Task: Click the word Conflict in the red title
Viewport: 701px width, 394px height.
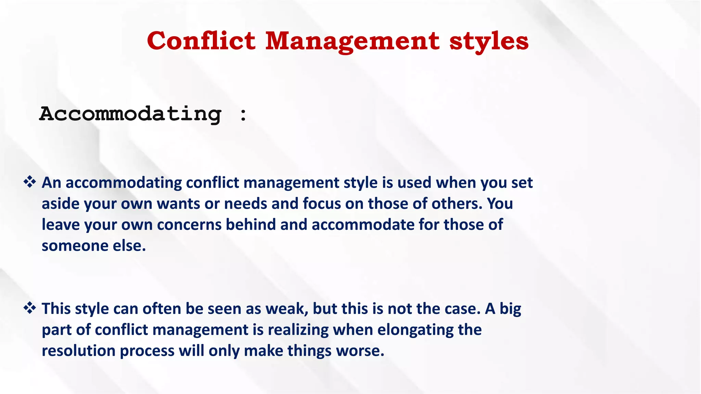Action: coord(201,41)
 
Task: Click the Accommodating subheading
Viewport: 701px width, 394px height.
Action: coord(130,114)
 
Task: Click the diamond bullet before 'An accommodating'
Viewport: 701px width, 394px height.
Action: coord(30,182)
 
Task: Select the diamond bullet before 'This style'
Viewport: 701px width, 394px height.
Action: coord(30,308)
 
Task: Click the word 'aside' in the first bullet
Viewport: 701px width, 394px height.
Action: coord(60,204)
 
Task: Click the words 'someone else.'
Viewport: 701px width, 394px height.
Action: coord(94,246)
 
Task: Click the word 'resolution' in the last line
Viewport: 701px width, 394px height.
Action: coord(78,351)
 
